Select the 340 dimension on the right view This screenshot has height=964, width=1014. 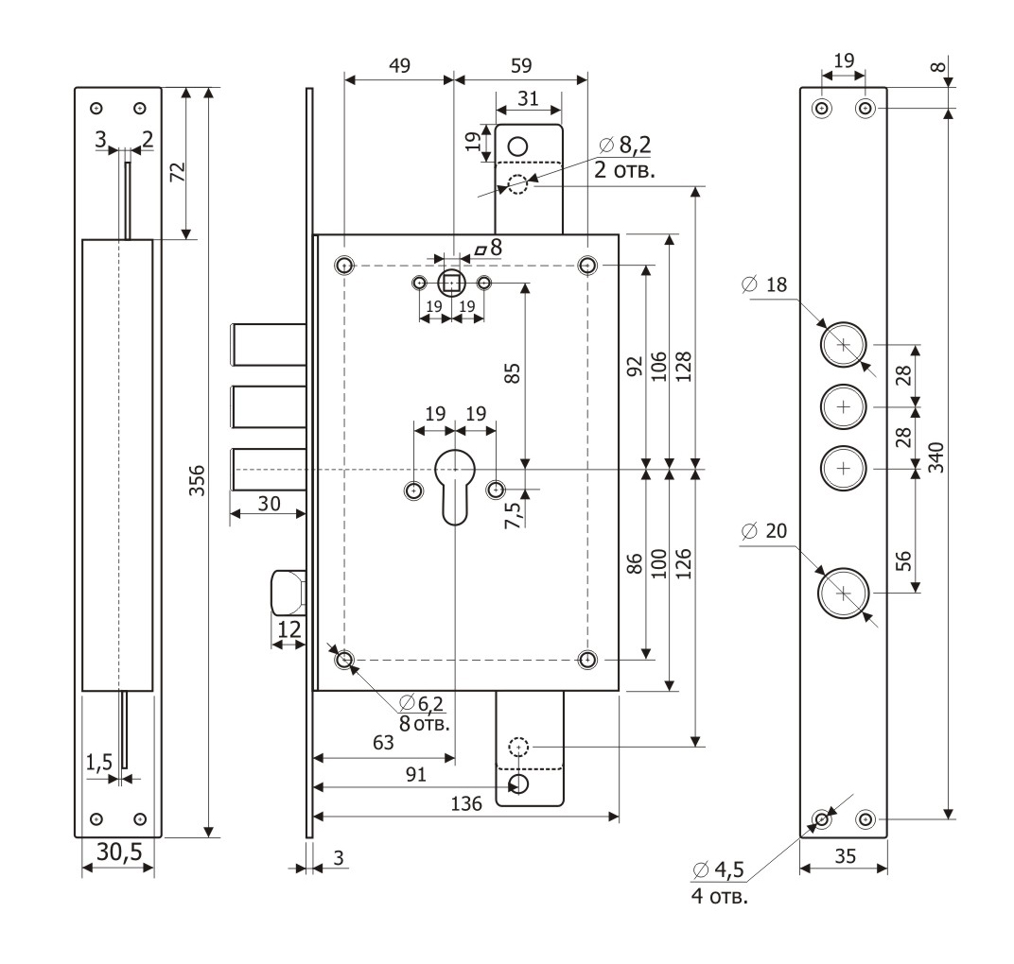tap(936, 456)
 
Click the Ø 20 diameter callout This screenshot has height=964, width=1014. tap(764, 532)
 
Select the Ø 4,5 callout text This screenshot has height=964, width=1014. tap(719, 869)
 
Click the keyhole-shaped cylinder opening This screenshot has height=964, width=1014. tap(454, 482)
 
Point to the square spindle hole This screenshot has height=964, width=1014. tap(452, 283)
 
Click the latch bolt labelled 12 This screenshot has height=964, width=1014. tap(288, 591)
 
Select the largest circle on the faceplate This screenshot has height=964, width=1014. tap(845, 593)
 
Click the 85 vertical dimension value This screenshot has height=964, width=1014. tap(513, 373)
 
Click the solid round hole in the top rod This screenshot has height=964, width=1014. tap(517, 146)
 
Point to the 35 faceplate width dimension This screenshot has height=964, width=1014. tap(844, 858)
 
